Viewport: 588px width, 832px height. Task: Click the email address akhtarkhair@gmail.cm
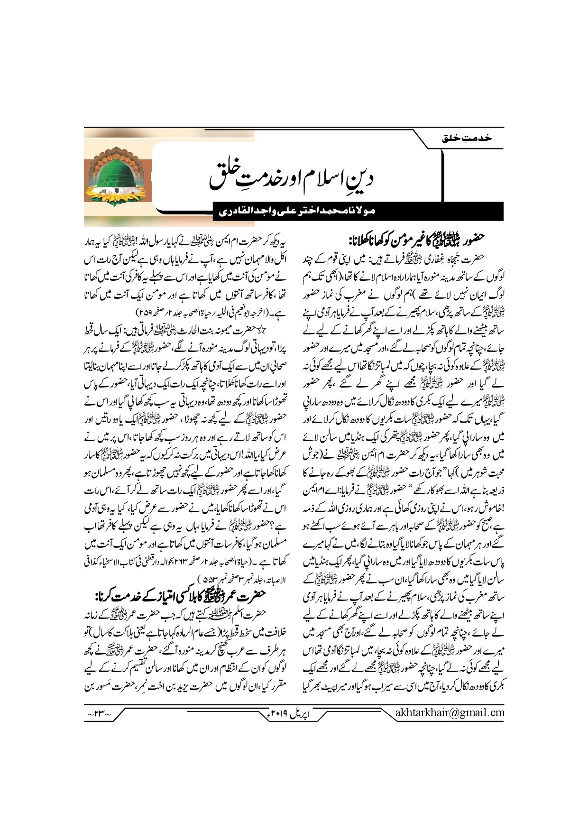(x=449, y=712)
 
